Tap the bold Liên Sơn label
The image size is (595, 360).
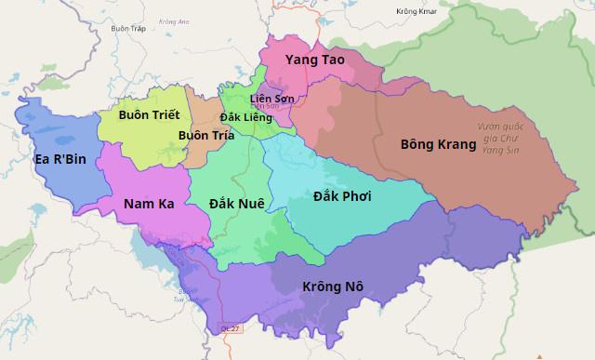coord(272,99)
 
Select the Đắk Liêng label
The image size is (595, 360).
coord(245,117)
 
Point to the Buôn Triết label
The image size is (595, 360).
coord(149,114)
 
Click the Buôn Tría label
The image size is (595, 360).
coord(205,135)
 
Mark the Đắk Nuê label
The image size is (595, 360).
coord(236,202)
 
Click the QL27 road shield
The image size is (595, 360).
coord(230,327)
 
